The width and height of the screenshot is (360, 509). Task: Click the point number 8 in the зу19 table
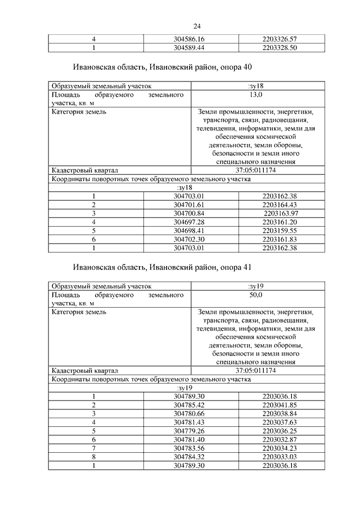(x=94, y=456)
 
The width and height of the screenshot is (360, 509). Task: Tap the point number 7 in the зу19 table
(x=94, y=448)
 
